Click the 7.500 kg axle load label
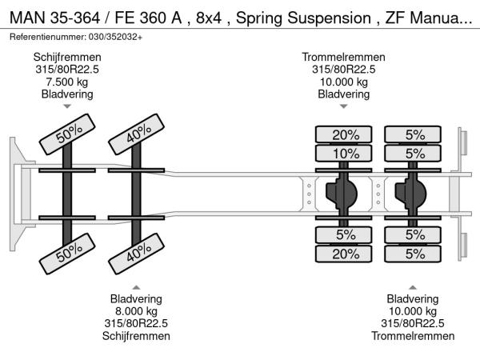tap(68, 82)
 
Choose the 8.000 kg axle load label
tap(137, 312)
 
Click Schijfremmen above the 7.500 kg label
tap(68, 58)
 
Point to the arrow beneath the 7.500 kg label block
tap(68, 106)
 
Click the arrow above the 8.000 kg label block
tap(137, 287)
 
